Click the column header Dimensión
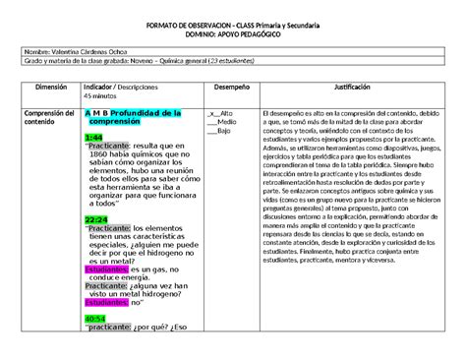[x=43, y=87]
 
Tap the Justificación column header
[x=351, y=87]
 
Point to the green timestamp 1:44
[x=93, y=137]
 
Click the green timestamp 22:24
[x=96, y=219]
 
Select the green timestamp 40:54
[x=95, y=319]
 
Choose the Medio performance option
[x=226, y=122]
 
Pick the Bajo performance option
[x=224, y=131]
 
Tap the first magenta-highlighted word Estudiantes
[x=106, y=269]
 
